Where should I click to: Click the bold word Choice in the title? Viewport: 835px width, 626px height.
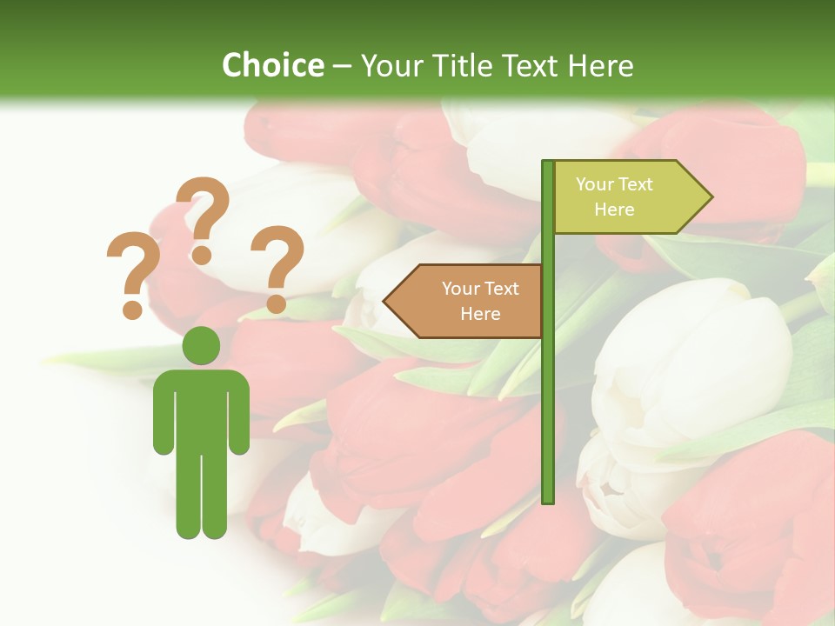(272, 65)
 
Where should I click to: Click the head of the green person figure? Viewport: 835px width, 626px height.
(201, 345)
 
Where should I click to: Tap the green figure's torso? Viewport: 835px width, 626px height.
(201, 409)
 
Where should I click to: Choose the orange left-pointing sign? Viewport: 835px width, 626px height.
(470, 301)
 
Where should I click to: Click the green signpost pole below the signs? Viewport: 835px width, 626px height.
(548, 417)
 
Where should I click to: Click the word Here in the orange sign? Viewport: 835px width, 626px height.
(479, 314)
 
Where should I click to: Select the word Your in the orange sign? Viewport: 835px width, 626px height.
(461, 289)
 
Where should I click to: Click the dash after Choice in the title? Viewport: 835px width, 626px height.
(342, 66)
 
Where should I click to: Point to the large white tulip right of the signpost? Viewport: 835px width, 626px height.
(687, 365)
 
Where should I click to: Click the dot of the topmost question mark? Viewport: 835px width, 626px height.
(202, 255)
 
